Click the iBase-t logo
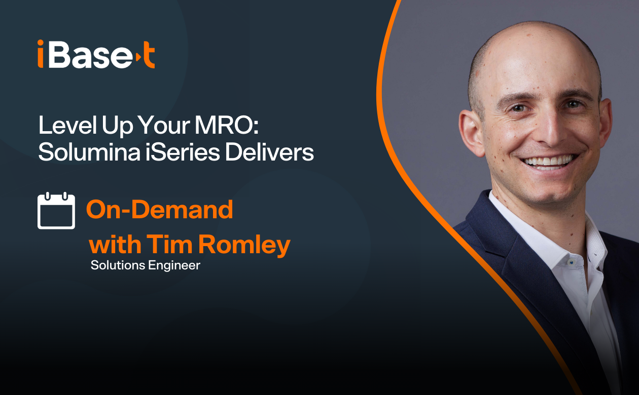(x=96, y=54)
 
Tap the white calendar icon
(x=56, y=211)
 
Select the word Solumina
(x=89, y=152)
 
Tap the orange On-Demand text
(x=159, y=209)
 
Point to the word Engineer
(x=174, y=266)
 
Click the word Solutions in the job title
(x=118, y=265)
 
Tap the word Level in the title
(x=67, y=125)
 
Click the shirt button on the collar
(x=571, y=262)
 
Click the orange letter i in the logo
(x=41, y=54)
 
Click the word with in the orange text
(x=115, y=244)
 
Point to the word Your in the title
(x=164, y=125)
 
